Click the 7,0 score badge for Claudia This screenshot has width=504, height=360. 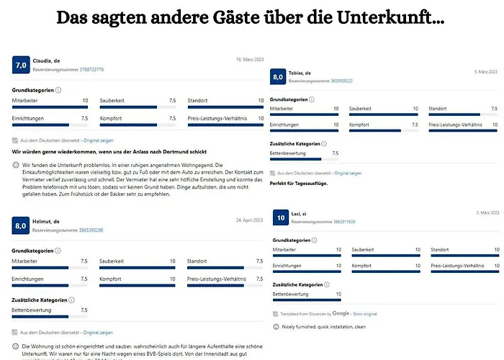20,66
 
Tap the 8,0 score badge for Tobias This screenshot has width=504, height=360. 278,77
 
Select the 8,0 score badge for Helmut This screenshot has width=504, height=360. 20,226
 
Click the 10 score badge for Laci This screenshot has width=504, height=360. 280,217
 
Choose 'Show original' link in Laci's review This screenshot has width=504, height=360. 365,314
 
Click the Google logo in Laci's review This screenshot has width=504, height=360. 341,314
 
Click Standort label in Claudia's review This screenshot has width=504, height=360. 197,100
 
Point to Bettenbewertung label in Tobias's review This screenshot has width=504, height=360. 289,153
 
